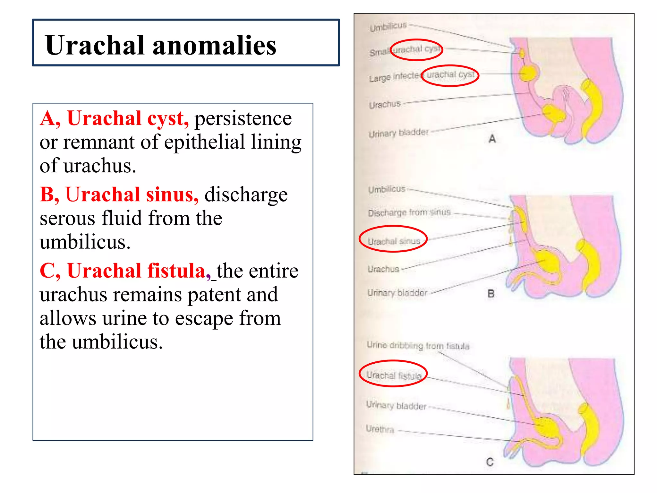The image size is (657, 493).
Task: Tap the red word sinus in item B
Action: [172, 195]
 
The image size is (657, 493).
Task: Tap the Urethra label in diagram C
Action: [380, 429]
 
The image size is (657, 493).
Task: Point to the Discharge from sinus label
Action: [409, 212]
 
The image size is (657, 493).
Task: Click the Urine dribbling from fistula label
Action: [418, 345]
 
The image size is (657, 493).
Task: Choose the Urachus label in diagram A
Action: [385, 105]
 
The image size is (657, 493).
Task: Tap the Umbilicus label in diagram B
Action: [387, 189]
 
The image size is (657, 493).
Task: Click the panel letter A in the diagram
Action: [492, 139]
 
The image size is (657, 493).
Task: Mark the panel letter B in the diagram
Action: [491, 293]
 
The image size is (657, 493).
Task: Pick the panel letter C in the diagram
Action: [490, 462]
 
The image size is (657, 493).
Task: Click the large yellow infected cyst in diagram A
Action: [527, 73]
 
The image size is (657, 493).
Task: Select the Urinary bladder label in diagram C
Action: [396, 405]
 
